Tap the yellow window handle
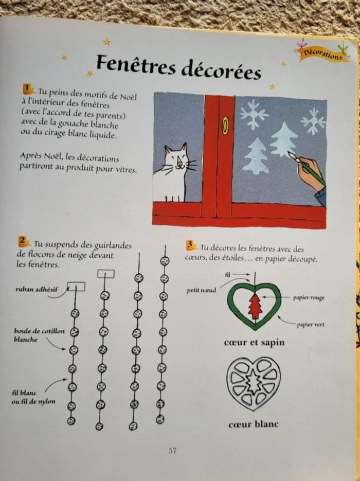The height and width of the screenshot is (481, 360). click(x=224, y=125)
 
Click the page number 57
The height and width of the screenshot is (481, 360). click(x=173, y=451)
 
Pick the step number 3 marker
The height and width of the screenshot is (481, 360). click(x=192, y=244)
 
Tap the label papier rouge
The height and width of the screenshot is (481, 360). click(x=309, y=298)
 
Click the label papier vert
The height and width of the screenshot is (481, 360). click(x=310, y=325)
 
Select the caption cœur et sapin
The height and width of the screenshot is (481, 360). click(x=254, y=343)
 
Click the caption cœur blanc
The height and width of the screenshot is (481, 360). click(x=253, y=424)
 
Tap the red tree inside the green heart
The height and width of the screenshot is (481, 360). click(x=255, y=307)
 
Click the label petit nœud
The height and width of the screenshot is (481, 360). click(x=201, y=291)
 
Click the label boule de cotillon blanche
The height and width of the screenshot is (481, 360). click(x=32, y=335)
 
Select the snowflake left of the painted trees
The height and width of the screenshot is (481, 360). click(x=254, y=114)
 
